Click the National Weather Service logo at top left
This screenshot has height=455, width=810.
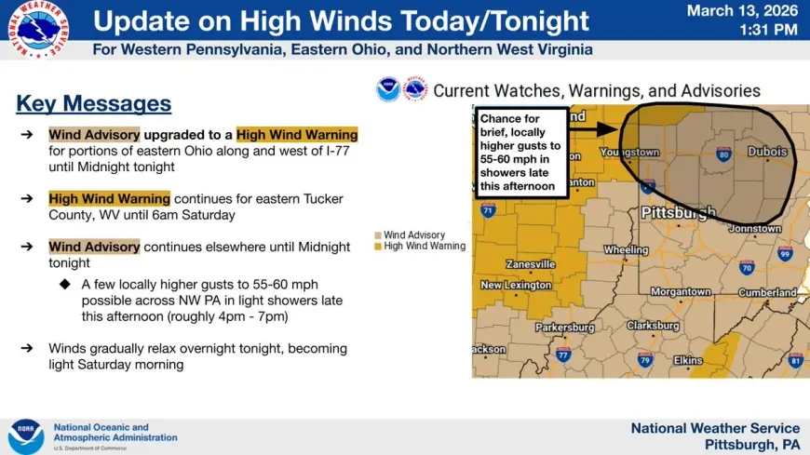[x=39, y=30]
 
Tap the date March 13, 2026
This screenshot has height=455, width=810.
[x=742, y=11]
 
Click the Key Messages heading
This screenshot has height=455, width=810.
[x=93, y=103]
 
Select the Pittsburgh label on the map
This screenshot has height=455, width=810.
[x=679, y=213]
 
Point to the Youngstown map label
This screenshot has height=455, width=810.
[x=628, y=152]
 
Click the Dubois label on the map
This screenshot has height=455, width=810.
[x=766, y=152]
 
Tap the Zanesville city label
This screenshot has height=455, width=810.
[x=530, y=264]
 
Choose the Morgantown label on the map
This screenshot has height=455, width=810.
[x=681, y=292]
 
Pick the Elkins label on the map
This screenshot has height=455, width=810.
[x=687, y=359]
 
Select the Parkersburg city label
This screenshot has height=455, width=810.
[x=564, y=328]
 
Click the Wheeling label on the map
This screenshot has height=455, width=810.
[x=626, y=250]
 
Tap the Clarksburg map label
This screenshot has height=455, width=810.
[x=653, y=326]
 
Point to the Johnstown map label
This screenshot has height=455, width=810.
[x=754, y=228]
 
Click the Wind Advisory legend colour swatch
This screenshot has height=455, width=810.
[x=377, y=235]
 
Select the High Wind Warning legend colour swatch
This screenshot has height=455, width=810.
[x=377, y=247]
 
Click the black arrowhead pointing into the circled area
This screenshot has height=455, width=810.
[x=612, y=131]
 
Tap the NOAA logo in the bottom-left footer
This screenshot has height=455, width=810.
[x=26, y=436]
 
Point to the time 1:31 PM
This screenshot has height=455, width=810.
[x=768, y=31]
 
